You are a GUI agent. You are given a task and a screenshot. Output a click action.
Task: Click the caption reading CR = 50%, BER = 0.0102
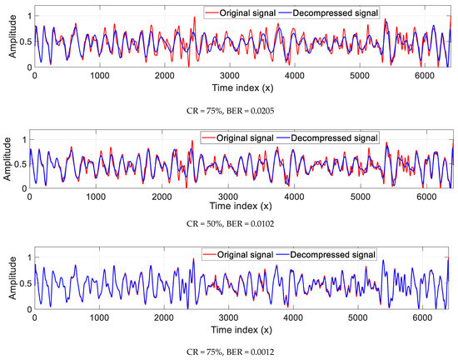[x=230, y=222]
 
